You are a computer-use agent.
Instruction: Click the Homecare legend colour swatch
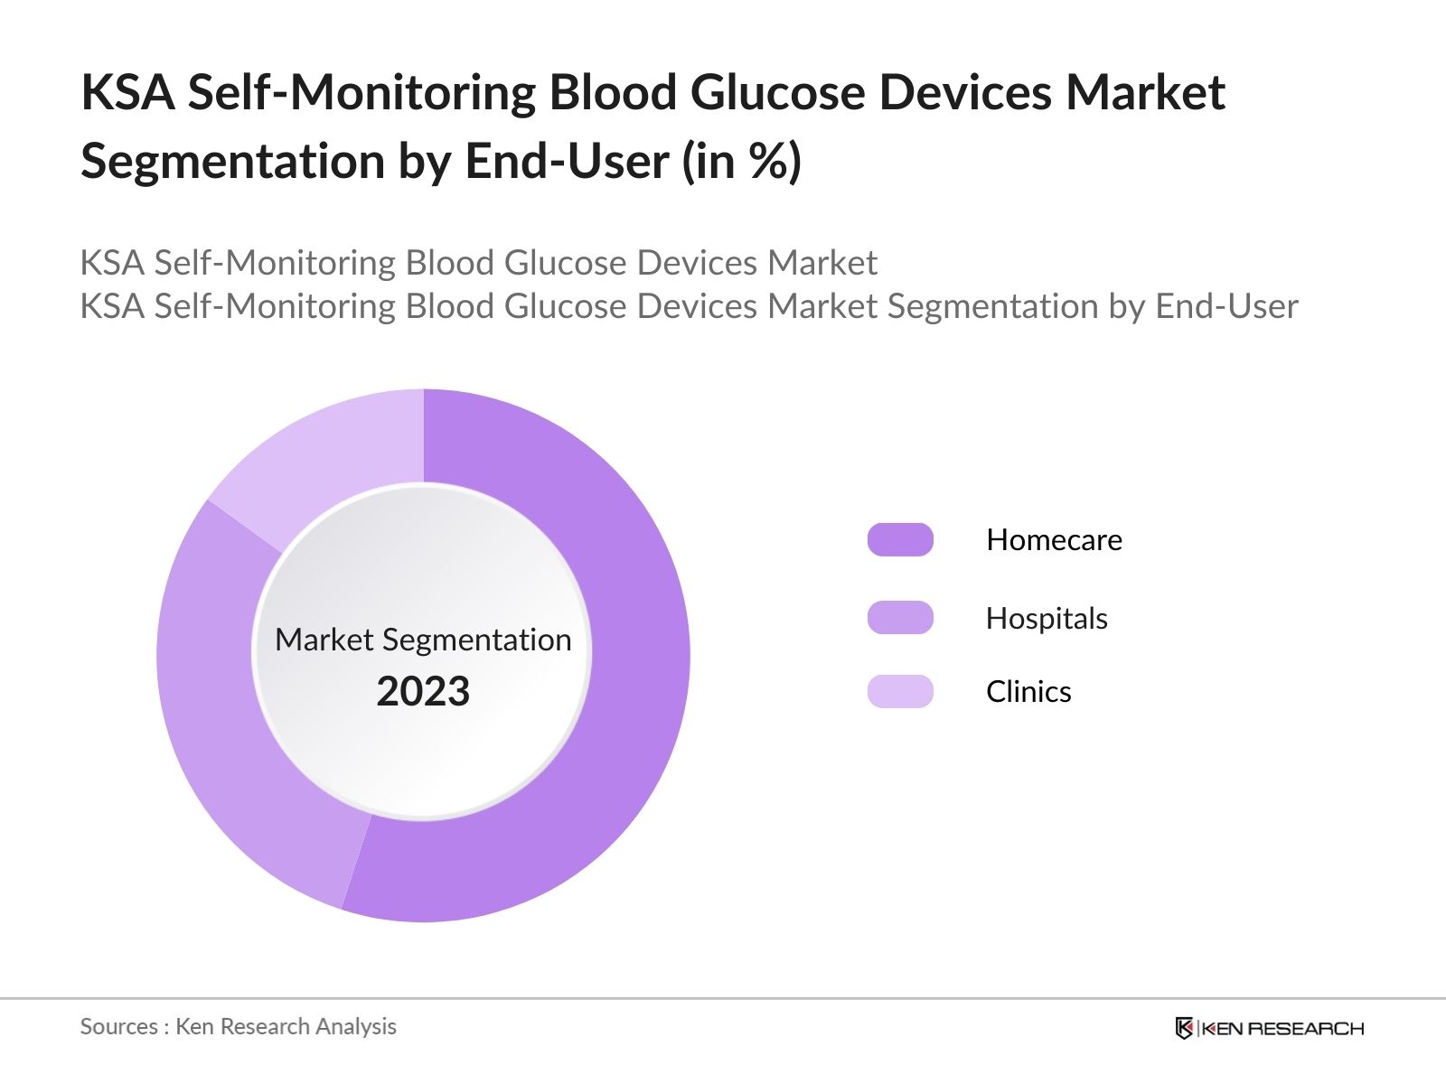(900, 540)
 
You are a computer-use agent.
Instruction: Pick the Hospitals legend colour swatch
(900, 618)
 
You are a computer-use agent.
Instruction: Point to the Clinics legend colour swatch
(900, 691)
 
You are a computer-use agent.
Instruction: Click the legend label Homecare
(1054, 540)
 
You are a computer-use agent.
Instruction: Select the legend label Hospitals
(1047, 619)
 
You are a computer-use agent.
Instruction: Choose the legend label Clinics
(1028, 692)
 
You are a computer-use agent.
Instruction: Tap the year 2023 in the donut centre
(423, 692)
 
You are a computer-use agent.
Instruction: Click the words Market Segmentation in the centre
(423, 640)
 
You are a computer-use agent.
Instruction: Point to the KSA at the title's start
(127, 93)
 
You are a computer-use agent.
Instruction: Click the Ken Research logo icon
(1184, 1028)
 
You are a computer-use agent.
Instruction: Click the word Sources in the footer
(118, 1027)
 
